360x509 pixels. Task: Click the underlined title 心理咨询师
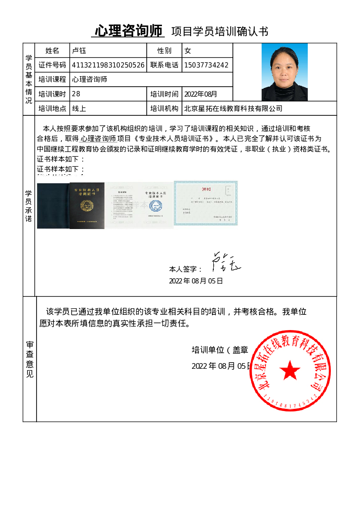129,31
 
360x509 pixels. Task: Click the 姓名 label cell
52,51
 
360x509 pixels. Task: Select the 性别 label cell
164,51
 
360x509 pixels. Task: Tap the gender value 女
188,51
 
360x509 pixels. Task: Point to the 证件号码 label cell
52,65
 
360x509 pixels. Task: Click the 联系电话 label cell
164,65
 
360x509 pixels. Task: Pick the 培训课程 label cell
52,79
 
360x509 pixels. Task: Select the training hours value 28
76,94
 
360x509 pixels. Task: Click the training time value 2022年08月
201,94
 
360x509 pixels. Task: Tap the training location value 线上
79,108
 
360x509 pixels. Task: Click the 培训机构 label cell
164,108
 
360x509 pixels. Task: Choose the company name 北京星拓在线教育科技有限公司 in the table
233,108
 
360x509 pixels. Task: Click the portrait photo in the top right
284,72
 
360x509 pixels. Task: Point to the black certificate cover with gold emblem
87,206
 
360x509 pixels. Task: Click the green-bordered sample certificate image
205,203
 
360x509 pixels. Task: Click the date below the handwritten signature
196,281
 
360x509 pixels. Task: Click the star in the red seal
290,370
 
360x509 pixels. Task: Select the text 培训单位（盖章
220,350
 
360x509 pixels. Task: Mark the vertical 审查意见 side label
30,359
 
